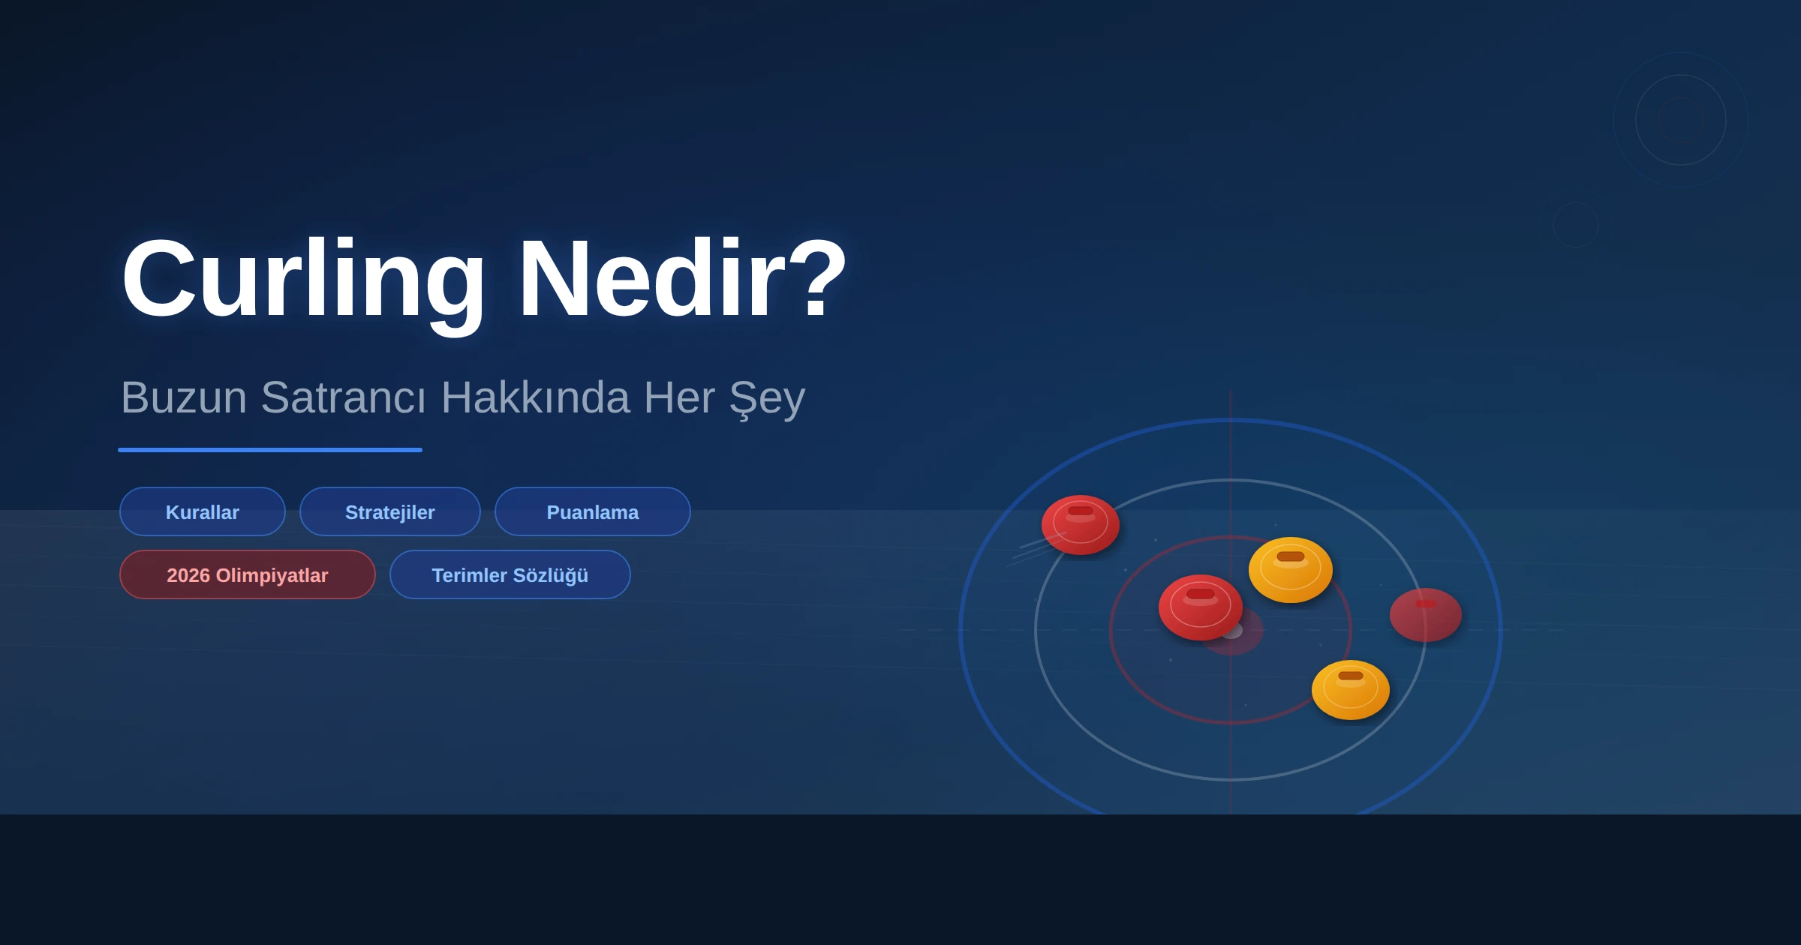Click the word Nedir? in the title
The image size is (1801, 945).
tap(682, 277)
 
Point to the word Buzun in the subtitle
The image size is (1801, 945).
tap(184, 397)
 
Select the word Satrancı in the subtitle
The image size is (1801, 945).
tap(344, 397)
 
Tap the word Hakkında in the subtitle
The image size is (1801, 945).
tap(535, 397)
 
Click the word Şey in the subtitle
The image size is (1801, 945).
tap(767, 399)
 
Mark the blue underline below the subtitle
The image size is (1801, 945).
tap(270, 450)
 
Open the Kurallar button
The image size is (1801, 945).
tap(203, 511)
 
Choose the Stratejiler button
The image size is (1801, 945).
tap(390, 511)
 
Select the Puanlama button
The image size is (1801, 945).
tap(593, 511)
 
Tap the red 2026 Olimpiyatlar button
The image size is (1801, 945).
tap(248, 574)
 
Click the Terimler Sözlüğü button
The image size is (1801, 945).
tap(510, 574)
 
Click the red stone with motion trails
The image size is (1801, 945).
tap(1081, 525)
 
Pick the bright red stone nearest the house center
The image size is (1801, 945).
tap(1201, 607)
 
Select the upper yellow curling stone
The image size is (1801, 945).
tap(1291, 570)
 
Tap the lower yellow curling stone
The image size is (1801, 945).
tap(1351, 690)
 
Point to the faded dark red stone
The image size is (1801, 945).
tap(1426, 615)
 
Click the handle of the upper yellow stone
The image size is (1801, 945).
tap(1291, 556)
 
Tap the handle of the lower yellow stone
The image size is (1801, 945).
tap(1351, 676)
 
